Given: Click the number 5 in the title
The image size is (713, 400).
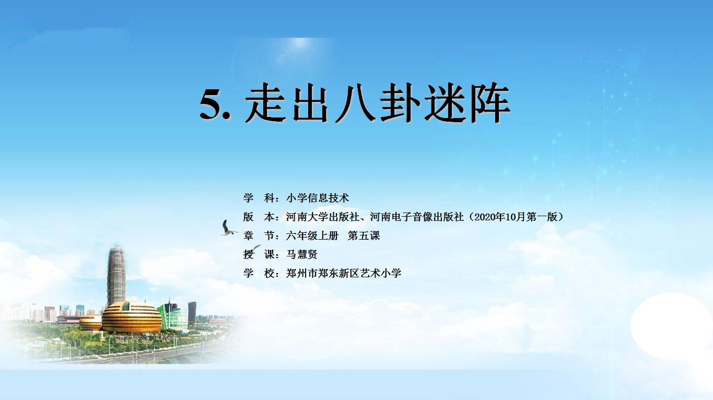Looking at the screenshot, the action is tap(211, 103).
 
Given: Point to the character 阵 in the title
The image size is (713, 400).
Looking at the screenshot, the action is tap(490, 102).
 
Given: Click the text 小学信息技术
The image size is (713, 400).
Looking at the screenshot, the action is tap(318, 198).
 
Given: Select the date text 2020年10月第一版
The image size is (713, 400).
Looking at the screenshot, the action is tap(516, 217).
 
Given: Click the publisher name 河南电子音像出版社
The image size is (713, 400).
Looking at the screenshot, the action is tap(417, 217).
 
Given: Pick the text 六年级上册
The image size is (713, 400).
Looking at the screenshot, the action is tap(312, 236).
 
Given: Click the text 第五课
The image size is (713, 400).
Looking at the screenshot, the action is tap(364, 236).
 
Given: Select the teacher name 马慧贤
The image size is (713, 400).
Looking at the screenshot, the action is tap(301, 254).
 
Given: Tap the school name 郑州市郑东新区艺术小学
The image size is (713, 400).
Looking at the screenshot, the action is tap(344, 273).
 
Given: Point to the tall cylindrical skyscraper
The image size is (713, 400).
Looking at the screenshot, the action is tap(116, 275).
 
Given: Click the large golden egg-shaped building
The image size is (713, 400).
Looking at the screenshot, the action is tap(132, 317).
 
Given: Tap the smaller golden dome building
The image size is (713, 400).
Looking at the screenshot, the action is tap(91, 322).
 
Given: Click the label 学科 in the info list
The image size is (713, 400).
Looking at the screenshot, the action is tap(259, 198).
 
